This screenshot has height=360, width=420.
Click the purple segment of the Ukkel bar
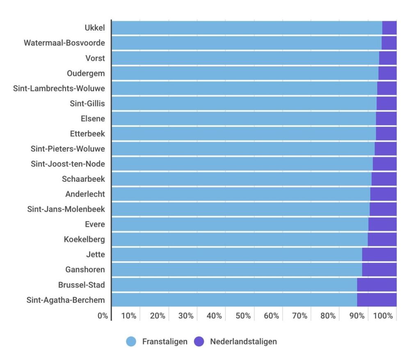[x=389, y=28]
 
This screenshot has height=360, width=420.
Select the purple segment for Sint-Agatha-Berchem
[x=377, y=300]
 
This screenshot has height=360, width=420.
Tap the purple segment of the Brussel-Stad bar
[x=377, y=285]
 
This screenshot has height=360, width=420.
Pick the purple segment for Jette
[x=379, y=255]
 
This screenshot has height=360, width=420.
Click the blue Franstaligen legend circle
[x=131, y=342]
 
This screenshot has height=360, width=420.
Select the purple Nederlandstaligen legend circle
[x=199, y=342]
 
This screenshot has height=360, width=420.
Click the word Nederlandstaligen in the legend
[x=244, y=342]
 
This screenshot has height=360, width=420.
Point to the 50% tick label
[x=243, y=316]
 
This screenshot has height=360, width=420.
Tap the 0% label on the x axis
[x=103, y=316]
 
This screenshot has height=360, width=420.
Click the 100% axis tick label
[x=383, y=316]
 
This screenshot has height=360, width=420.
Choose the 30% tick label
[x=186, y=316]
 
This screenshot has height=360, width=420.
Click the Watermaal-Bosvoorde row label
[x=64, y=43]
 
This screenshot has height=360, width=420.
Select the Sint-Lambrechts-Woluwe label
[x=59, y=89]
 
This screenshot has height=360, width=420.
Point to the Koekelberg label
[x=84, y=239]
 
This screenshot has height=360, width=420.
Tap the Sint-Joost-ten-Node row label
[x=68, y=164]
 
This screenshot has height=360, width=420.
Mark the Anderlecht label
[x=85, y=194]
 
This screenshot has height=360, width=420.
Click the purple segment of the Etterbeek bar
[x=386, y=134]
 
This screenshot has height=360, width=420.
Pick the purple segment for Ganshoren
[x=379, y=269]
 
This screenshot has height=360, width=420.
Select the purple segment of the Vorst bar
[x=388, y=58]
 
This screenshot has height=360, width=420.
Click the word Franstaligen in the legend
[x=165, y=342]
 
